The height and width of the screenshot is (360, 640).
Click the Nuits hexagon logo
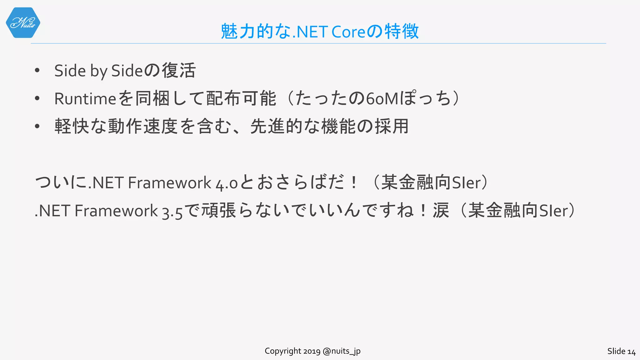[x=23, y=23]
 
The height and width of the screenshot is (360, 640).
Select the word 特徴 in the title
[x=402, y=32]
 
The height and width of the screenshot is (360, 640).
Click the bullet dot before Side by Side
[x=37, y=71]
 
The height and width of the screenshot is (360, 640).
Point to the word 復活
[x=178, y=70]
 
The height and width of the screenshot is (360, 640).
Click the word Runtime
[x=85, y=99]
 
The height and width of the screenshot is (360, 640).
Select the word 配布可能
[x=241, y=99]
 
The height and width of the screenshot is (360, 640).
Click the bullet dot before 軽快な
[x=37, y=127]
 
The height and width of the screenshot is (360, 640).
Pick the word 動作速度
[x=143, y=127]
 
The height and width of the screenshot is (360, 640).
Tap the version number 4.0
[x=227, y=183]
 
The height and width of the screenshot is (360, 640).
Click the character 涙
[x=441, y=211]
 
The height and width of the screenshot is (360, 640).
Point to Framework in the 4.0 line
[x=169, y=183]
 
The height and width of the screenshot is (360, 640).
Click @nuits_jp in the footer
[x=342, y=351]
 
